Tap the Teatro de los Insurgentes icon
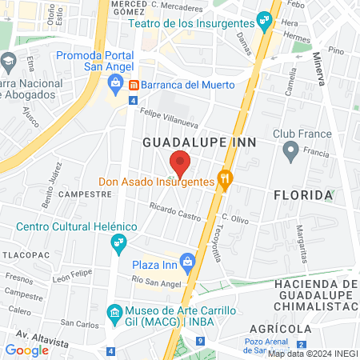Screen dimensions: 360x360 (262, 21)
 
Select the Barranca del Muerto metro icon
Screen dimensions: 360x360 (134, 84)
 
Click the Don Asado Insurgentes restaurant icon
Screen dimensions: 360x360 (226, 181)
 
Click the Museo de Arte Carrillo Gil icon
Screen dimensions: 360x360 (115, 310)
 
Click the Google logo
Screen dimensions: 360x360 (27, 350)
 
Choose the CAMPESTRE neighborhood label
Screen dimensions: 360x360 (83, 194)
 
